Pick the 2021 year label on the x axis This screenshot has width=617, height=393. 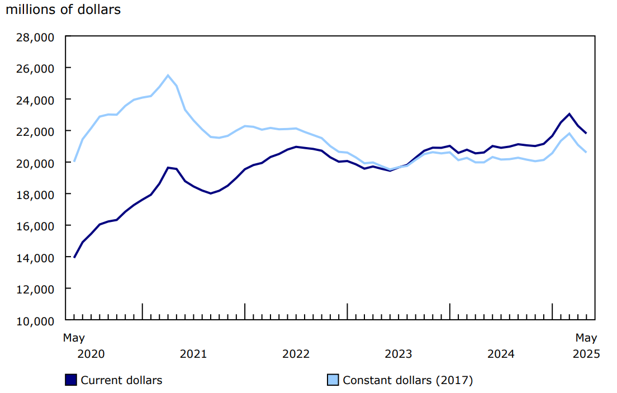point(193,354)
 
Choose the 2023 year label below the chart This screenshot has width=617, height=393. point(398,354)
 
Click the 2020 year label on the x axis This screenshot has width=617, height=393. point(91,354)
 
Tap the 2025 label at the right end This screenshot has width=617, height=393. point(586,354)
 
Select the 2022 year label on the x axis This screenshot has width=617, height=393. point(296,354)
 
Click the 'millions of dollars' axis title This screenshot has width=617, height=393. point(63,10)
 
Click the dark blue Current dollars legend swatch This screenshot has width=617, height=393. point(71,380)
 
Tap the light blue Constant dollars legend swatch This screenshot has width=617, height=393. point(333,380)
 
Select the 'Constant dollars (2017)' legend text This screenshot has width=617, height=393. point(408,380)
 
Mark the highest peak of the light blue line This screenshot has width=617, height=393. point(168,75)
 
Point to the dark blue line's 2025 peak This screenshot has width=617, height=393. point(569,114)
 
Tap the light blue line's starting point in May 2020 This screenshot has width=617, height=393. point(74,161)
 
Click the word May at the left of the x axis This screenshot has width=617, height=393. point(74,338)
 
